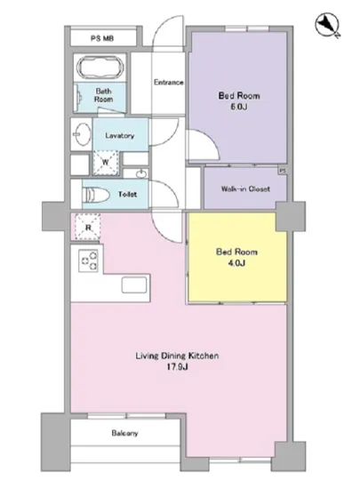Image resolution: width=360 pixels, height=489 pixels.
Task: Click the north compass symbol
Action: (x=327, y=25)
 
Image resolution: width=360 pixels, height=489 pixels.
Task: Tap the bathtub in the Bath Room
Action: (x=100, y=68)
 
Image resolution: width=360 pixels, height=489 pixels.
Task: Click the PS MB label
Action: (x=102, y=38)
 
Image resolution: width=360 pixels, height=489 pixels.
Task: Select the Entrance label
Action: (x=169, y=83)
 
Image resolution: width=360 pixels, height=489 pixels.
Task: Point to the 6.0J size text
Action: (x=239, y=107)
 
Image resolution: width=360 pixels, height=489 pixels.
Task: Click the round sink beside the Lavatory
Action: (x=82, y=134)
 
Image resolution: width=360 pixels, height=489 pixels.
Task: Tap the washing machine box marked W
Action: (x=106, y=162)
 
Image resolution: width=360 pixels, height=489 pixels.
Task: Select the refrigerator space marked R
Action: (x=88, y=227)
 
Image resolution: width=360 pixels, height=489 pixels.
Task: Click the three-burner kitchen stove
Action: (x=88, y=261)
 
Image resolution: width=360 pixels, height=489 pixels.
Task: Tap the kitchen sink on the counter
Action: (x=134, y=285)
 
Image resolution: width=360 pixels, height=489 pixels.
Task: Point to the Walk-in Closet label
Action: (x=245, y=188)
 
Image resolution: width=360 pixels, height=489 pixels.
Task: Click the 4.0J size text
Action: (x=236, y=263)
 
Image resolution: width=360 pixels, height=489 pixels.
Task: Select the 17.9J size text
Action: (x=177, y=366)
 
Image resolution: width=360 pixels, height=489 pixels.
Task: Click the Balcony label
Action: (x=124, y=433)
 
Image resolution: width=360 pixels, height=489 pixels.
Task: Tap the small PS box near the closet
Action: (x=283, y=171)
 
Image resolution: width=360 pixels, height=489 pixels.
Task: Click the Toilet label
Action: (x=127, y=195)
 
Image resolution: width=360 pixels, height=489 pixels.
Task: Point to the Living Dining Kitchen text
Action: (x=177, y=356)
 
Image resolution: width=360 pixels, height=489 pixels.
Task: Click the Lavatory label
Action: (x=120, y=136)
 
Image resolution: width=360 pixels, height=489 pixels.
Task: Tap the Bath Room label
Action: (x=103, y=95)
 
